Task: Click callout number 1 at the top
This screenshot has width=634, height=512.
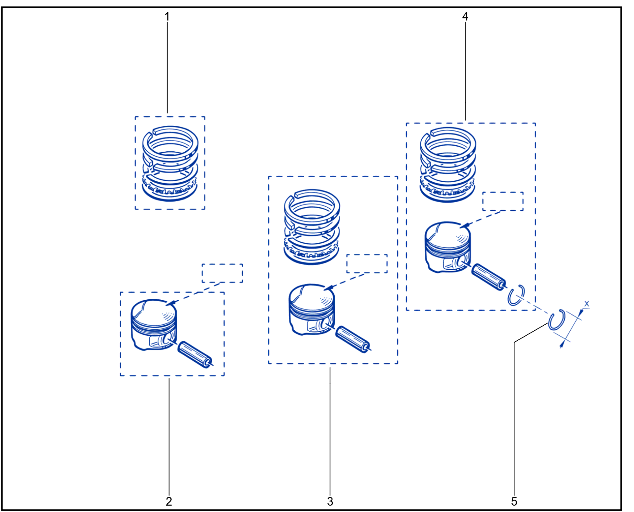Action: [x=167, y=17]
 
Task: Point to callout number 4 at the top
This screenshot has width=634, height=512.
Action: [x=465, y=17]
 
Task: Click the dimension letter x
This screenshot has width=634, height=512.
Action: [x=586, y=304]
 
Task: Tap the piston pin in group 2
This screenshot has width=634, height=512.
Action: [x=195, y=354]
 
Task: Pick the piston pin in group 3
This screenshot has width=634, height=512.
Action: [x=353, y=339]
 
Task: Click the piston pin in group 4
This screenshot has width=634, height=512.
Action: [x=489, y=277]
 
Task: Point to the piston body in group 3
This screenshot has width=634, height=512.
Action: [x=312, y=310]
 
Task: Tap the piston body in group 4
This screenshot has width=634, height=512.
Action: [x=447, y=247]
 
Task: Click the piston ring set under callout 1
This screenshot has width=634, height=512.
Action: [x=170, y=164]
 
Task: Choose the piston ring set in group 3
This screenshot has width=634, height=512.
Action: [x=312, y=227]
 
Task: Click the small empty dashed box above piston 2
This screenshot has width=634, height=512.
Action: [x=222, y=273]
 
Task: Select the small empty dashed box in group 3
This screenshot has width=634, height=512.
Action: [x=367, y=263]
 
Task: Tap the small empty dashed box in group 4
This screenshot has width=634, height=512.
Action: [x=503, y=201]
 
